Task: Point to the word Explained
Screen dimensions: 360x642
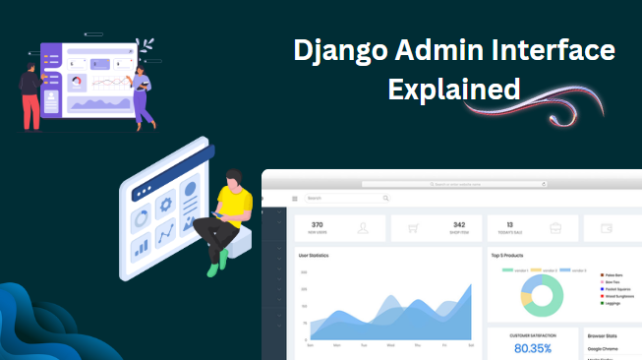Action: [x=453, y=89]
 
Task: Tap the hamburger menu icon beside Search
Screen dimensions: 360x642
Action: [x=294, y=199]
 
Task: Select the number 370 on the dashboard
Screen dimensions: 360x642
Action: [x=317, y=224]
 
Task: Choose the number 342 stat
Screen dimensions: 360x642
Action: [x=459, y=224]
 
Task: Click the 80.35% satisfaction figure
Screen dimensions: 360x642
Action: [x=534, y=348]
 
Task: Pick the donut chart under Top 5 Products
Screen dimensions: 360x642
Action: [x=543, y=294]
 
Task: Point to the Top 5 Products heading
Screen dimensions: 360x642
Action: [x=511, y=255]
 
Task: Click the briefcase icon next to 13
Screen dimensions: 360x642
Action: [x=555, y=228]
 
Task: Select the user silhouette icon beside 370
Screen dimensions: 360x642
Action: [x=363, y=228]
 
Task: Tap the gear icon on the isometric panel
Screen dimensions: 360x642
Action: [x=165, y=203]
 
